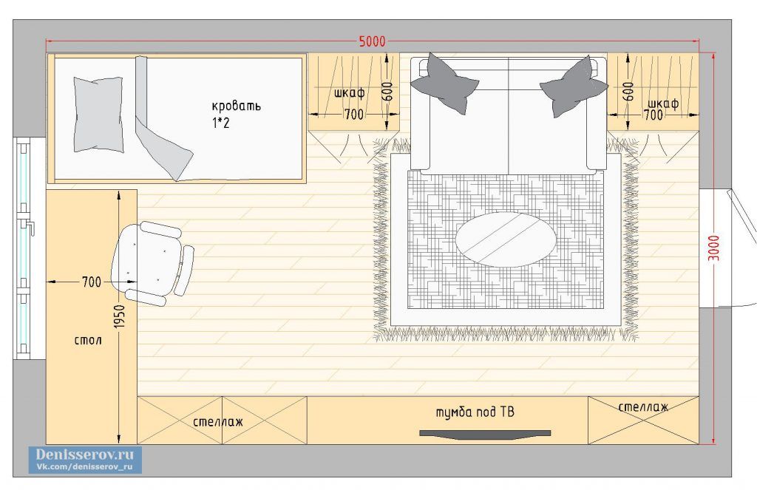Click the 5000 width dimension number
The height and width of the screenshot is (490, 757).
click(373, 41)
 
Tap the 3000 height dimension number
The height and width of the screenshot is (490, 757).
click(714, 248)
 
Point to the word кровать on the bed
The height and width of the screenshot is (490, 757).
click(236, 105)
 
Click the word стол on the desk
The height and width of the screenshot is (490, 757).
click(89, 341)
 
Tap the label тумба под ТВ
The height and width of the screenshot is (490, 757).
click(475, 412)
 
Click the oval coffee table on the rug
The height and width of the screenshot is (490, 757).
click(506, 239)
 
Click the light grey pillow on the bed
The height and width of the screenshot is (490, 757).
click(98, 115)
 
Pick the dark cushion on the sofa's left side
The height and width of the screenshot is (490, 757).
click(445, 83)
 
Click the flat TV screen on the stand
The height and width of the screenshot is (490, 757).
click(485, 434)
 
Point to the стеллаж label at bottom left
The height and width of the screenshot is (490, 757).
click(218, 422)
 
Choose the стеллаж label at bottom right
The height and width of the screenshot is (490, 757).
click(644, 407)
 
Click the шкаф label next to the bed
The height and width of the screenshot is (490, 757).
click(349, 92)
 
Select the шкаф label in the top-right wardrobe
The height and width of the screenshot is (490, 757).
click(663, 103)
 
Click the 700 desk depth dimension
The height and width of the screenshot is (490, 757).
click(92, 282)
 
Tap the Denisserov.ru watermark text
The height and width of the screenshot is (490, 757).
click(84, 455)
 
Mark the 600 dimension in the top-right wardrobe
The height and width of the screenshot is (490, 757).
click(628, 91)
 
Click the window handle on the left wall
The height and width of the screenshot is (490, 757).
click(30, 227)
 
